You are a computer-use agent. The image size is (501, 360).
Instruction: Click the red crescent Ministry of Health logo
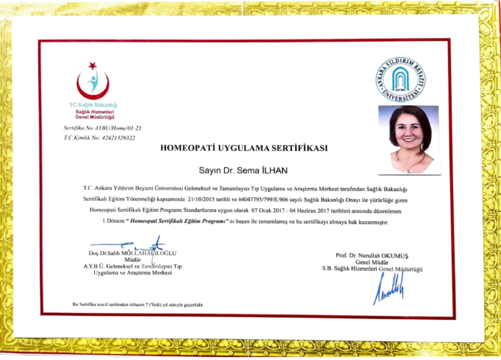92,79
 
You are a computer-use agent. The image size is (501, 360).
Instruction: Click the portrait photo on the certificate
409,140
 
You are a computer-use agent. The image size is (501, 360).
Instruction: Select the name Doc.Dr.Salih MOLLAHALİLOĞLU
133,253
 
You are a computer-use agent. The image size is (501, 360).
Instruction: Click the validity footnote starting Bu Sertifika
139,304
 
